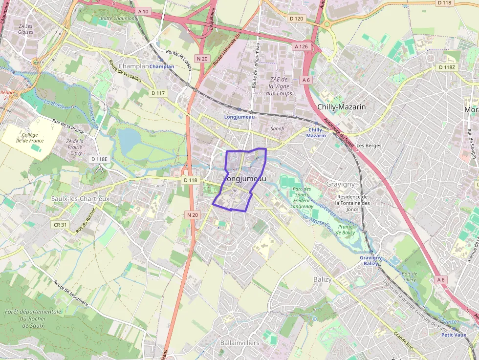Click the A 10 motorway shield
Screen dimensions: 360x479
pos(143,11)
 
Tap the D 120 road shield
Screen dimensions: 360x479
pos(296,19)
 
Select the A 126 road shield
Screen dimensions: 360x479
pos(301,46)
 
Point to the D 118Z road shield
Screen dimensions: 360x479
pos(447,67)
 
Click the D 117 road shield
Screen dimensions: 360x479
pos(158,93)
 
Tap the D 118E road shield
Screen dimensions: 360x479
pos(99,159)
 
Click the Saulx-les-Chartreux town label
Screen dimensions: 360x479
pos(81,199)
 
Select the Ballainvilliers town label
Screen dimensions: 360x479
pos(239,343)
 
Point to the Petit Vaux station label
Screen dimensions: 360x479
pos(454,335)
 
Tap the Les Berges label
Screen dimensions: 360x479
pos(369,146)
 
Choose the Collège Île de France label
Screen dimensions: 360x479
pos(33,138)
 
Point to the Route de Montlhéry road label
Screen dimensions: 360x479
pos(71,293)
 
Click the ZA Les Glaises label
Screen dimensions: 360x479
pos(25,29)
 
